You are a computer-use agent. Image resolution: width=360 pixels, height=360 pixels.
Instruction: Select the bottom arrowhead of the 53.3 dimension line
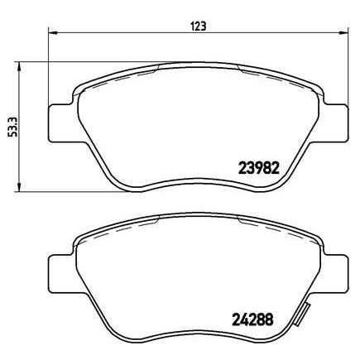point(21,190)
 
